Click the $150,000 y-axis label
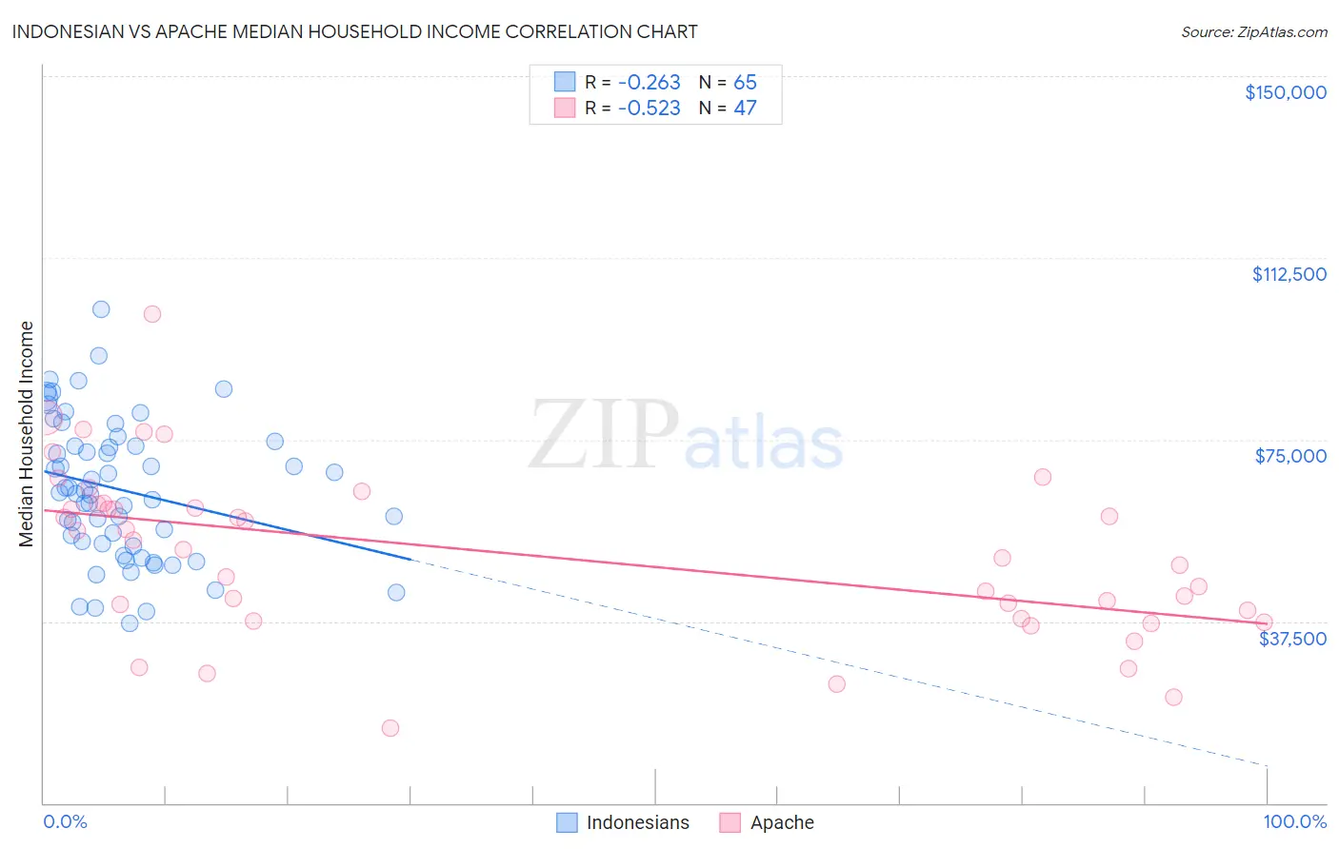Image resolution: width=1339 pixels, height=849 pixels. (1285, 92)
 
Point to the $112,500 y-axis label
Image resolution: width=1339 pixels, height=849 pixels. (1289, 274)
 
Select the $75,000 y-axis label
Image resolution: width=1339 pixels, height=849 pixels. (1290, 456)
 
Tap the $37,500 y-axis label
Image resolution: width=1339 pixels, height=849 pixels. (1292, 639)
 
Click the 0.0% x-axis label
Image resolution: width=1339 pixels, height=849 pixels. (65, 821)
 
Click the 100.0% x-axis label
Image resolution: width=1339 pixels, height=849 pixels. (1294, 821)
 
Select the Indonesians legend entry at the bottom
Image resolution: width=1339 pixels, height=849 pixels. (623, 822)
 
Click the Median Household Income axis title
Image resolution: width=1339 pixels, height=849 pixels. (26, 434)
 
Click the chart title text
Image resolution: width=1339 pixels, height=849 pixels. (354, 31)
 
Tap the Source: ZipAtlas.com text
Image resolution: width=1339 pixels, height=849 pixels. (1253, 32)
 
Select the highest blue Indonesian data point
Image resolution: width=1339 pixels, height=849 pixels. (101, 309)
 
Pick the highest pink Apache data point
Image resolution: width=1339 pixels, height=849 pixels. (152, 314)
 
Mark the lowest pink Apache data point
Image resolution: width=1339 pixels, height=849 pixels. (390, 728)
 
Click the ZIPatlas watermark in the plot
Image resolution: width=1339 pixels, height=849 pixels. (686, 435)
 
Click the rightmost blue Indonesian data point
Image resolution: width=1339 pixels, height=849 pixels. (396, 592)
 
